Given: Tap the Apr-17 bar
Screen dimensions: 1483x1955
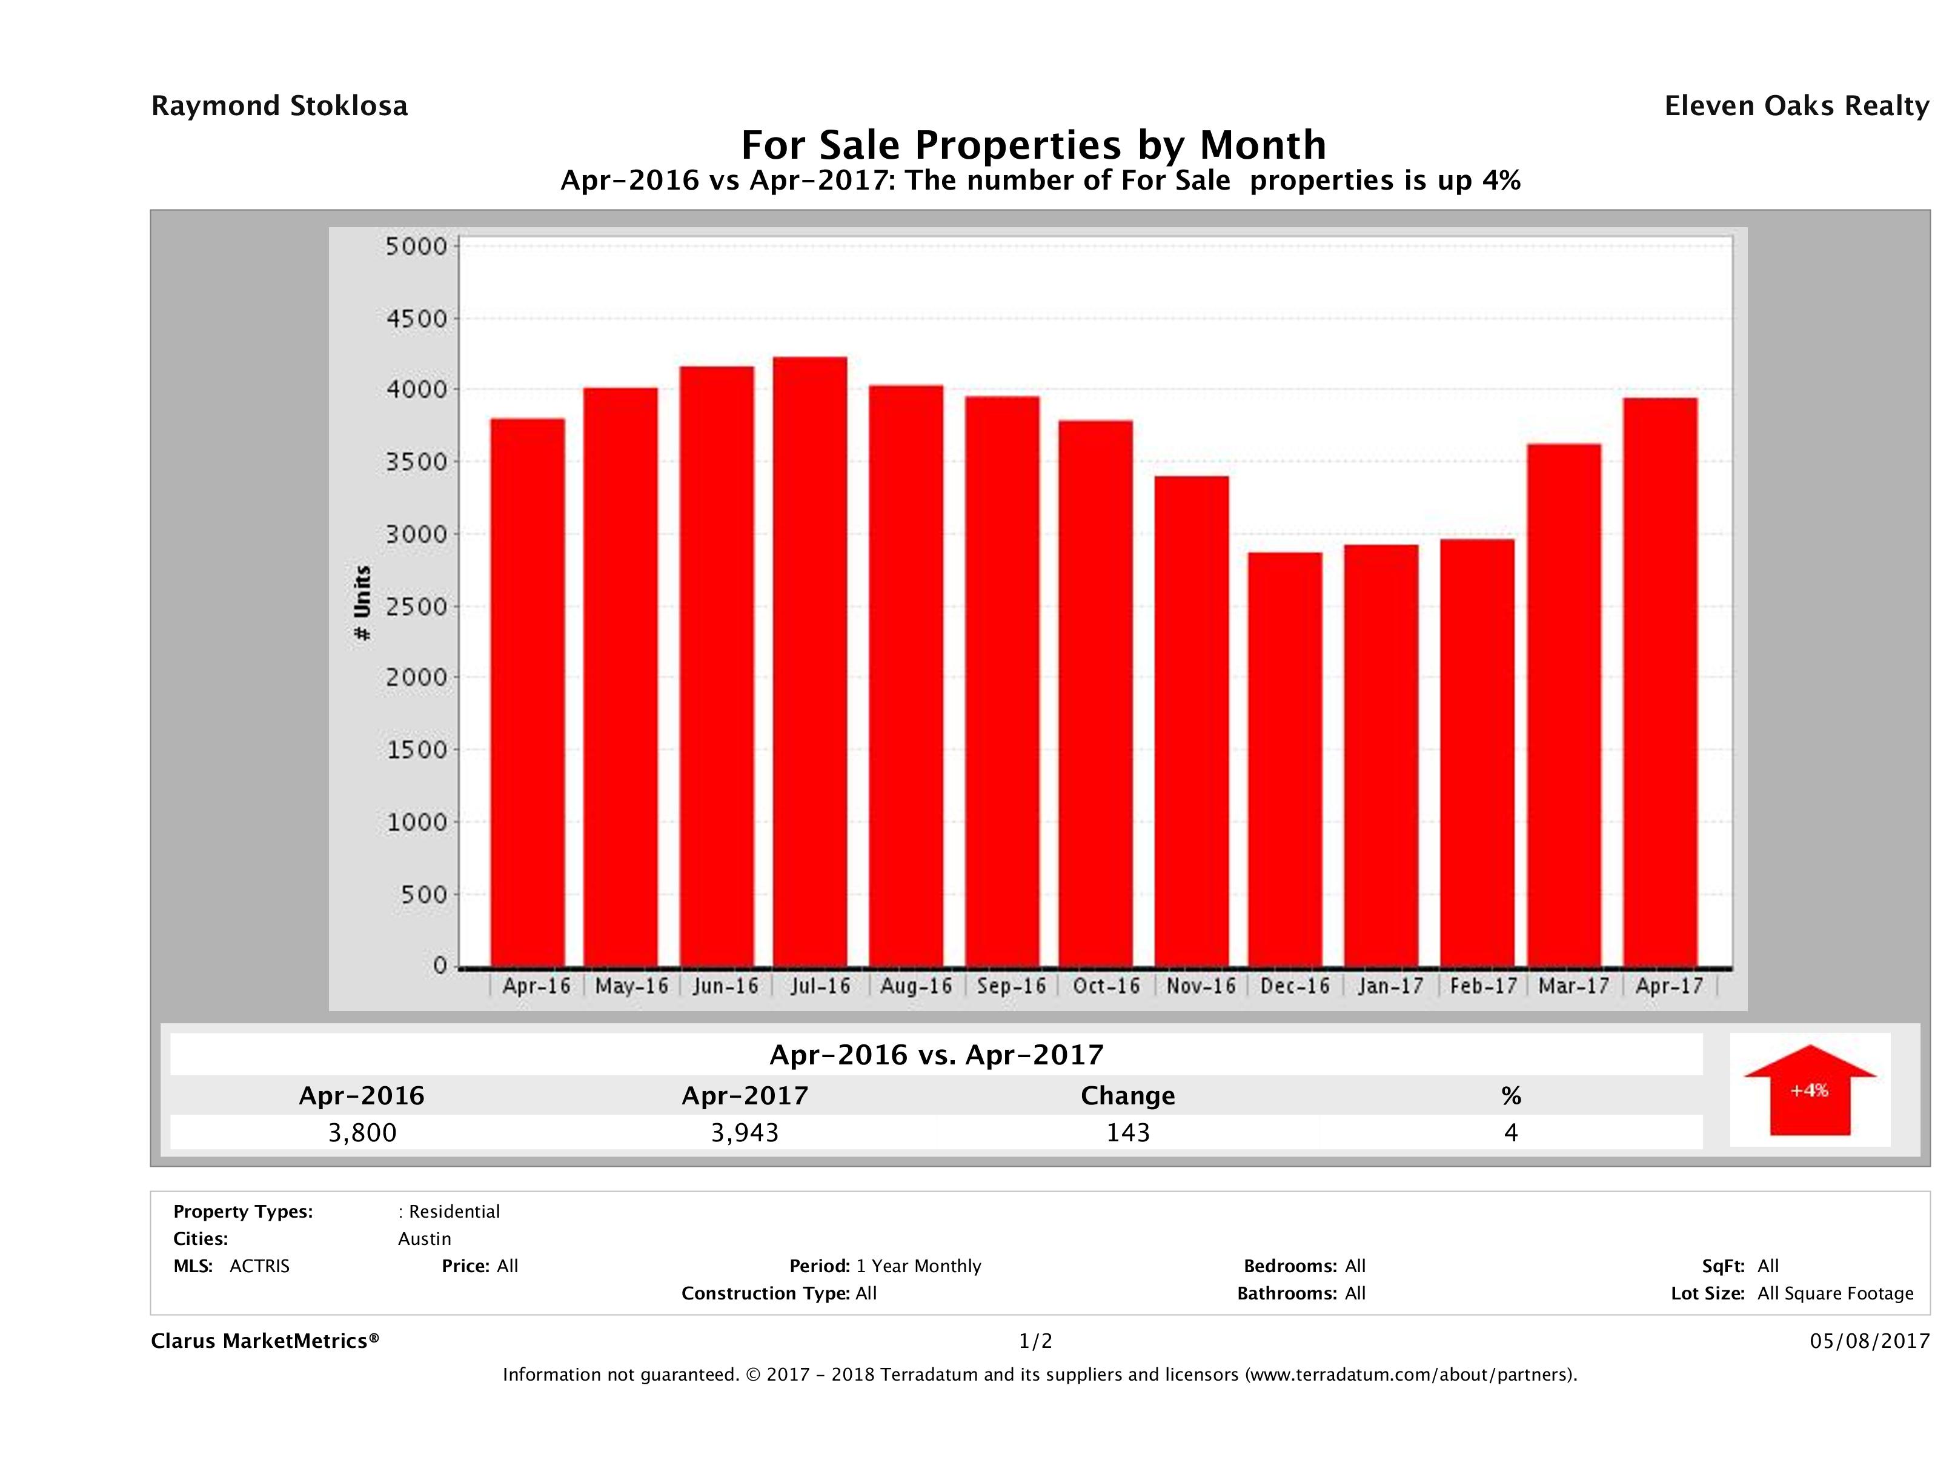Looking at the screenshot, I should coord(1660,682).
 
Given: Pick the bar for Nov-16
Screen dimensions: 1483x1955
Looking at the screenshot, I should coord(1192,720).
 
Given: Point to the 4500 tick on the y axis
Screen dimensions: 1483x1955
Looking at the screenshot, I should coord(416,318).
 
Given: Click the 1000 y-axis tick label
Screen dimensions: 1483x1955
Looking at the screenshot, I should coord(416,822).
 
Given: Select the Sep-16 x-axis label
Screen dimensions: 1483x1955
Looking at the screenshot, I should coord(1011,986).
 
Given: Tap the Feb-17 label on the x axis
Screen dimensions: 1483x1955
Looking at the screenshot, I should coord(1483,986).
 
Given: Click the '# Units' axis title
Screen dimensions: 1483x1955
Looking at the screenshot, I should coord(362,603).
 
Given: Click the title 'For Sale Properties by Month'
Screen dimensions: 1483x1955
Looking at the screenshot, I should coord(1032,144).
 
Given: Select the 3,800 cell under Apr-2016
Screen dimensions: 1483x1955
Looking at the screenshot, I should coord(362,1132).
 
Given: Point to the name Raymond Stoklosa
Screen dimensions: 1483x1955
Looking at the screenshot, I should coord(279,106).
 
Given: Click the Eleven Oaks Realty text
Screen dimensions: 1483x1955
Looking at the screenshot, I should coord(1796,106).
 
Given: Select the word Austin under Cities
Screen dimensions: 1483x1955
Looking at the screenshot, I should coord(424,1239).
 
